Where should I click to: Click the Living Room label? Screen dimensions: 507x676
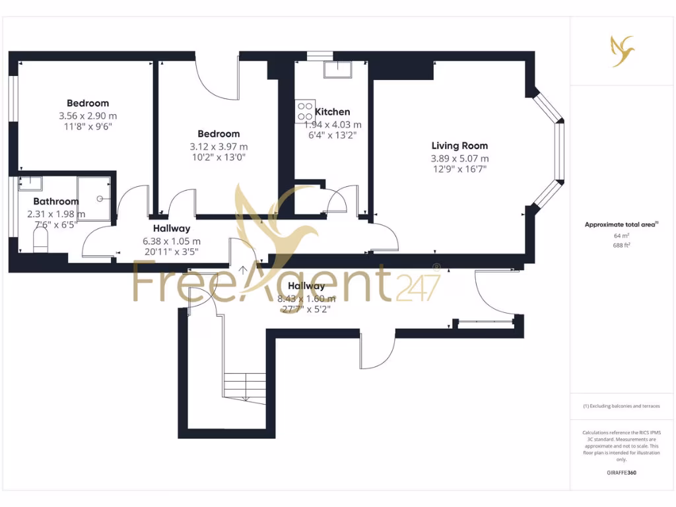point(459,146)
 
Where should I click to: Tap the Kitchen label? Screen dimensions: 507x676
point(333,112)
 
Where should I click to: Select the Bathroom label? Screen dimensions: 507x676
point(56,201)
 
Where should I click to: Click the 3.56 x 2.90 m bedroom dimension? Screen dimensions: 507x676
point(88,116)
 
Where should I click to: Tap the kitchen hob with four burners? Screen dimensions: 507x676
point(306,108)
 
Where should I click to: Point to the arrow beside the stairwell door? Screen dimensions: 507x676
point(243,269)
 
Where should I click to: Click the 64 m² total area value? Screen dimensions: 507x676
point(621,236)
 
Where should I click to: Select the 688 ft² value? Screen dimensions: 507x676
point(621,246)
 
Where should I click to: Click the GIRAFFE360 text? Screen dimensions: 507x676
point(621,473)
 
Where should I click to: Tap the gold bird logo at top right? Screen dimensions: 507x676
point(621,51)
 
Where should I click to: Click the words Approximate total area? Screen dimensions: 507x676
point(620,224)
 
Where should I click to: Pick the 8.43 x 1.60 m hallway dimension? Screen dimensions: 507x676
point(307,298)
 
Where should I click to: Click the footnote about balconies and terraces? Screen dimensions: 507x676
point(621,406)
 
